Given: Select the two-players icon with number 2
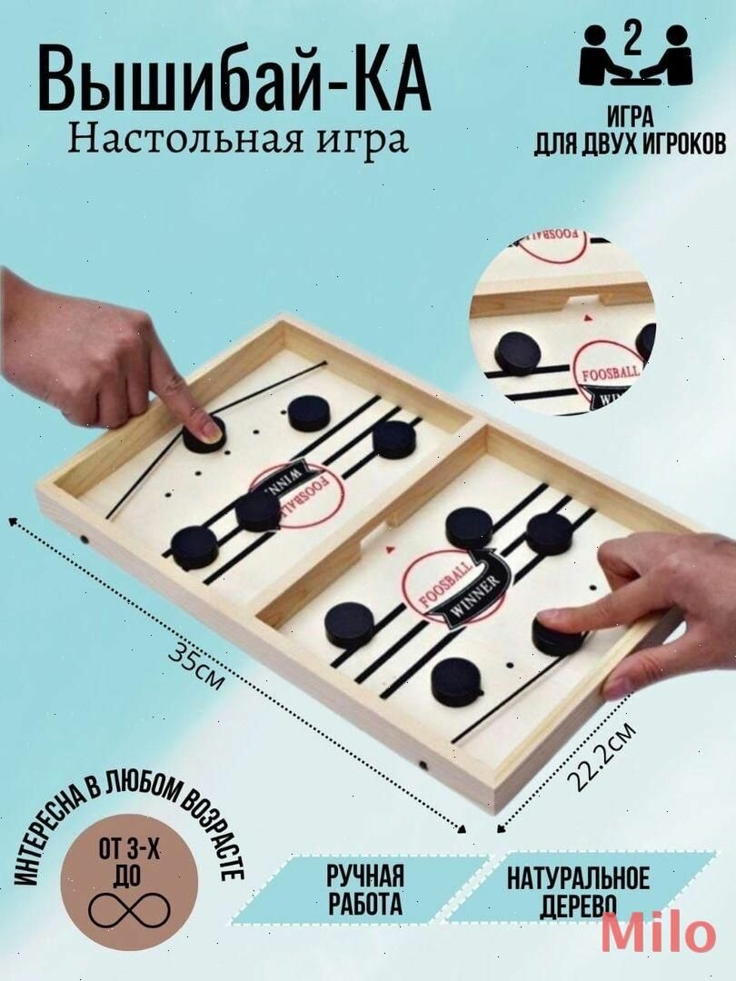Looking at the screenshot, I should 636,56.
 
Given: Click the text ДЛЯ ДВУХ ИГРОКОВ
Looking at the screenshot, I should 630,144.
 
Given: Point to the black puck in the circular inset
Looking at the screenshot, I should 519,352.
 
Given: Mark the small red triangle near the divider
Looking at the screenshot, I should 390,550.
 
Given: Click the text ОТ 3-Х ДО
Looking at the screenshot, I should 131,861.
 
